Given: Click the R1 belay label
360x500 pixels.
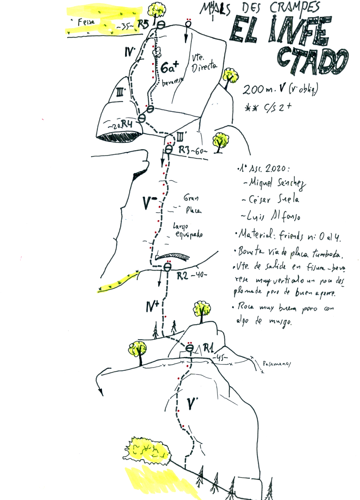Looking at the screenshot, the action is pos(209,348).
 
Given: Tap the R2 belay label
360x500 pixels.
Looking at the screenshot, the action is pos(183,275).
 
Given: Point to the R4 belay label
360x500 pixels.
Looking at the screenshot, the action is pos(127,124).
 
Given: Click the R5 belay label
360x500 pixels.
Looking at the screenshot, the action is pos(143,24).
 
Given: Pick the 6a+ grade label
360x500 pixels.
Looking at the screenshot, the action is pos(169,68).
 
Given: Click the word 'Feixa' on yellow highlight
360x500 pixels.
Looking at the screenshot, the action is pos(86,22).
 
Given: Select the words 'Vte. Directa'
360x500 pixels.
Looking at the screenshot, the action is pos(203,63).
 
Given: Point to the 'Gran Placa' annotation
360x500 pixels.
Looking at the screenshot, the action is pos(193,204).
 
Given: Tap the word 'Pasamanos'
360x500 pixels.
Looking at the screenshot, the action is pos(277,364).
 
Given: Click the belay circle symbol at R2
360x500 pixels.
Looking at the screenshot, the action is pos(167,267).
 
